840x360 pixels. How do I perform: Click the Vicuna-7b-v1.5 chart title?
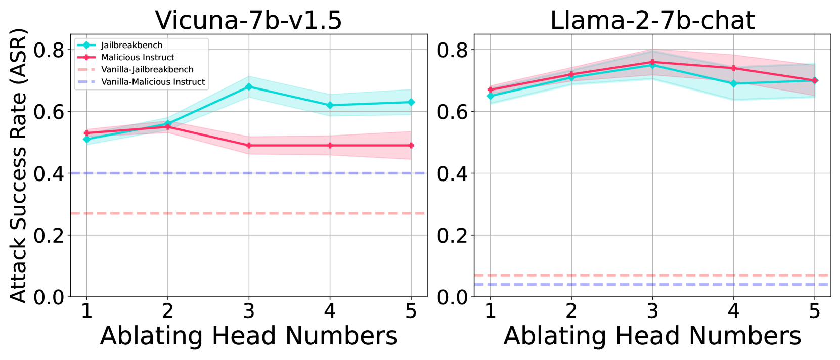click(248, 20)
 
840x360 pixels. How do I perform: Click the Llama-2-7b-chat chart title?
click(652, 20)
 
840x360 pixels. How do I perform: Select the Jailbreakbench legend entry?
click(131, 45)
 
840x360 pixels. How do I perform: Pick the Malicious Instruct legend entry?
click(138, 58)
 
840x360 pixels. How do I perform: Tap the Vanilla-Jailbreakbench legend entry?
click(147, 70)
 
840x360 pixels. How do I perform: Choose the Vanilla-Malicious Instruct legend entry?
click(153, 82)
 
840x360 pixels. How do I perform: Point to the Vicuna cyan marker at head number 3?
click(248, 87)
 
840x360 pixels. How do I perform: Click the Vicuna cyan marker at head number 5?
click(411, 102)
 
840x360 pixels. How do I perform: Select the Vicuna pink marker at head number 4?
click(330, 146)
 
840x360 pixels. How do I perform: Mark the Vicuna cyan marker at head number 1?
click(86, 139)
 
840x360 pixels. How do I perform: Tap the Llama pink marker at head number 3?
click(652, 62)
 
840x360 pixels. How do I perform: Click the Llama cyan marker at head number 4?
click(733, 83)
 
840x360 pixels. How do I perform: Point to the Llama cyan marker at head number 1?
click(490, 96)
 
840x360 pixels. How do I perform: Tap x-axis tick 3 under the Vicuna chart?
click(248, 310)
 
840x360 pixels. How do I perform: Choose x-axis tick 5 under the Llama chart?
click(814, 310)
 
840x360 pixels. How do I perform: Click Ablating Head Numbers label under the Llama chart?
click(652, 336)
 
